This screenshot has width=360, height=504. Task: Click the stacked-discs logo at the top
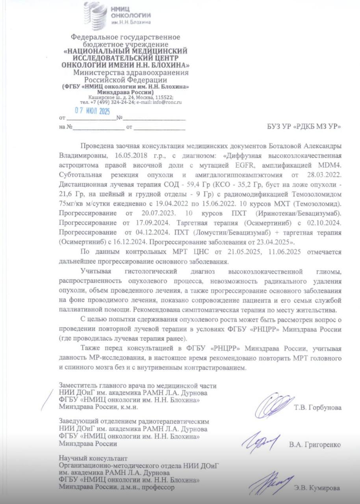pos(96,15)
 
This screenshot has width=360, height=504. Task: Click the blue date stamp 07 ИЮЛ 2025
pos(92,111)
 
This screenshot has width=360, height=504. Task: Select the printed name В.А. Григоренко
pos(315,445)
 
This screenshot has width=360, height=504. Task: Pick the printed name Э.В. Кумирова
pos(317,488)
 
